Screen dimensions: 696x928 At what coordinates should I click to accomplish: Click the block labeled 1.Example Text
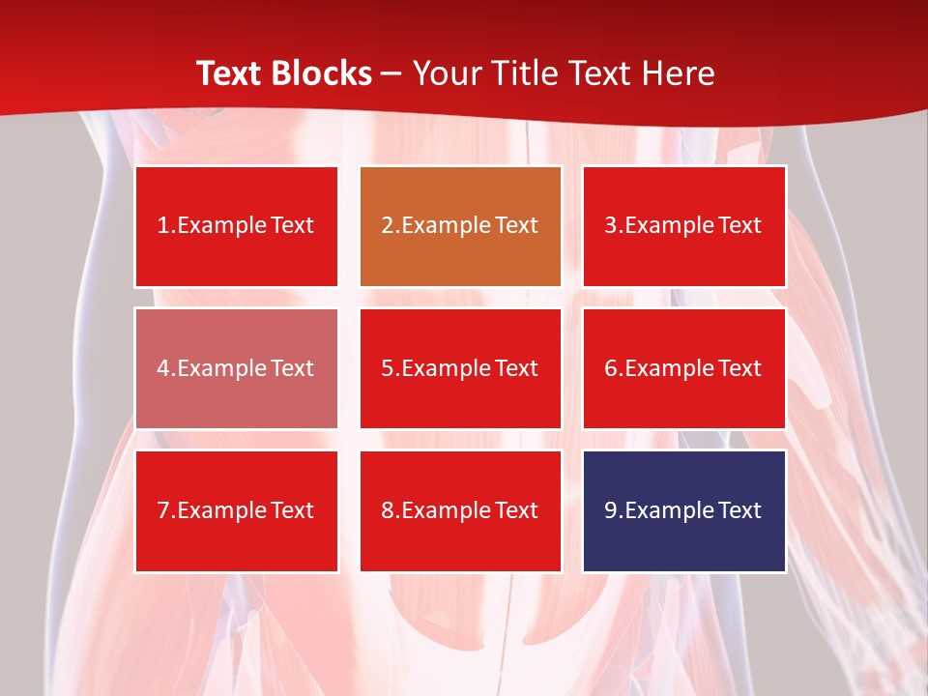pos(236,226)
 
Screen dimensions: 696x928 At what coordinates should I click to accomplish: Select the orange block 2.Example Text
pos(460,226)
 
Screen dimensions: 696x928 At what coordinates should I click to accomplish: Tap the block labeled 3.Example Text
pos(683,226)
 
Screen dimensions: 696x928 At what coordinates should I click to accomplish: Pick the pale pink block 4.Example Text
pos(236,368)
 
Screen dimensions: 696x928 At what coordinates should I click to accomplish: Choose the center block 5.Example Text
pos(460,368)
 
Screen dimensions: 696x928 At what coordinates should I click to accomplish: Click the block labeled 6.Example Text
pos(683,368)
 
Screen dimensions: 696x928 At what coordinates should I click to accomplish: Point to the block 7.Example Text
pos(236,510)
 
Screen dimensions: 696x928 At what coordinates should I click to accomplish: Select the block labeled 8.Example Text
pos(460,510)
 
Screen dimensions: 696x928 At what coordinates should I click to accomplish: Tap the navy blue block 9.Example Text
pos(683,510)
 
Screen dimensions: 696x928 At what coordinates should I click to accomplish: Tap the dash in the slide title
pos(391,74)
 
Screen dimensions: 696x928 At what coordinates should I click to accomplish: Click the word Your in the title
pos(446,73)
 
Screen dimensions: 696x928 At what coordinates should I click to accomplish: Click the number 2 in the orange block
pos(387,226)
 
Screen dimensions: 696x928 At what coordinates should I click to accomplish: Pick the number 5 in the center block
pos(387,368)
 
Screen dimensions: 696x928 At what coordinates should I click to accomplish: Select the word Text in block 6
pos(739,368)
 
